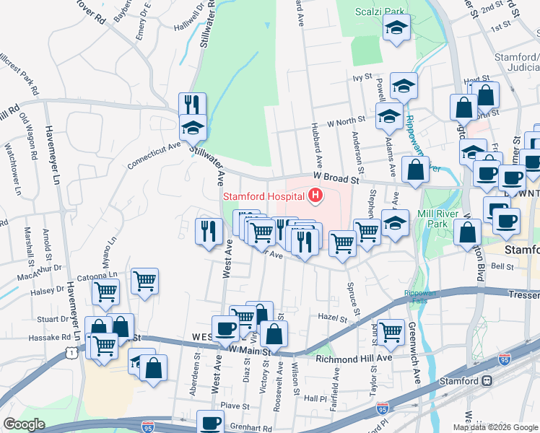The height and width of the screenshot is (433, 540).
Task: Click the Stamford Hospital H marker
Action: click(x=315, y=195)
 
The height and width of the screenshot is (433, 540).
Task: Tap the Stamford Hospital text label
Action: click(x=264, y=196)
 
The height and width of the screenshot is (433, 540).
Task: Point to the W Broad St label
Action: click(x=336, y=176)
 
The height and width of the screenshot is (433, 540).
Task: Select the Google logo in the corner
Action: click(x=24, y=424)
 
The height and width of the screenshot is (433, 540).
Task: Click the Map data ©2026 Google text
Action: click(x=495, y=427)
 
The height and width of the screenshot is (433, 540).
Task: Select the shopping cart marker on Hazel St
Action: click(x=391, y=332)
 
